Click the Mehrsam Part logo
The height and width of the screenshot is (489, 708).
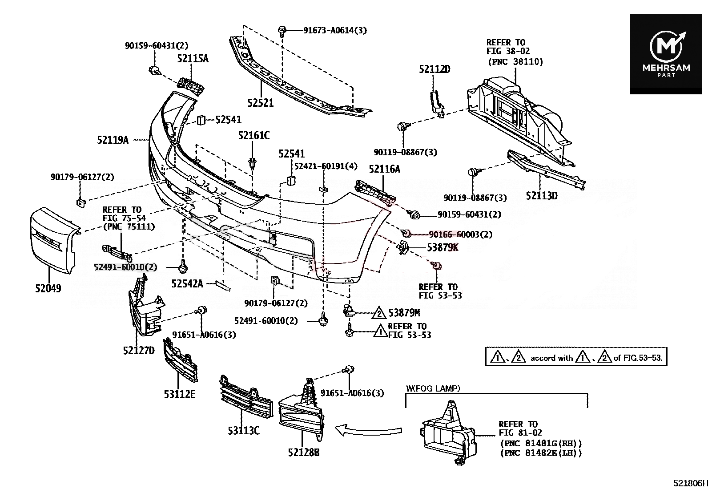(666, 54)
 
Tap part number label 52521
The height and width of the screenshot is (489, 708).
(261, 103)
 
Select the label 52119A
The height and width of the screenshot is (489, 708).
(113, 140)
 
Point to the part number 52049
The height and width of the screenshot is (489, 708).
(48, 288)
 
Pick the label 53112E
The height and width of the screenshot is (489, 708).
(179, 394)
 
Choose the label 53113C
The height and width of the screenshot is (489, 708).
(243, 430)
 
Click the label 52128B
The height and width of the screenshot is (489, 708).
(304, 453)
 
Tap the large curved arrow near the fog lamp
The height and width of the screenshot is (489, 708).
(368, 430)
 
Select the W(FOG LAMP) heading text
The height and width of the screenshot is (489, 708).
(433, 388)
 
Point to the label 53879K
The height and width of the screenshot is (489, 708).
(442, 247)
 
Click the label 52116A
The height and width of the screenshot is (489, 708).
(384, 169)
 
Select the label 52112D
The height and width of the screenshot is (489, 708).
(434, 69)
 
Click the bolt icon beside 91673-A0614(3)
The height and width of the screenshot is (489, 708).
(282, 30)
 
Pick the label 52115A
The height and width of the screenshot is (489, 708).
(193, 58)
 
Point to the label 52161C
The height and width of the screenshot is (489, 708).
(253, 136)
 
